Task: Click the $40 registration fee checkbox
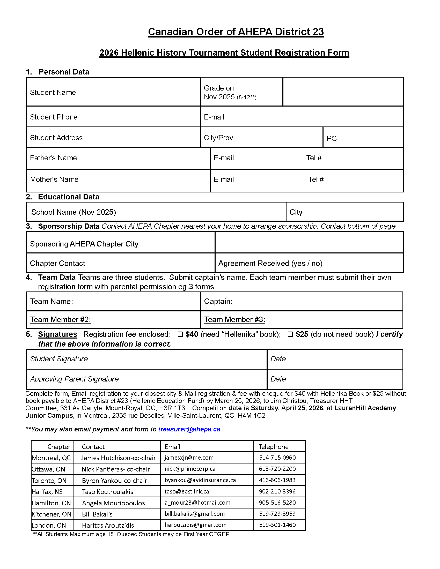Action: pyautogui.click(x=180, y=334)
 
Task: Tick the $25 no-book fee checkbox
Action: pyautogui.click(x=290, y=334)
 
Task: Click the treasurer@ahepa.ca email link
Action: pyautogui.click(x=189, y=429)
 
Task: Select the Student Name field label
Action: pyautogui.click(x=53, y=93)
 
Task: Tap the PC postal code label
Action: pyautogui.click(x=332, y=138)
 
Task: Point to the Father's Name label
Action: pyautogui.click(x=53, y=158)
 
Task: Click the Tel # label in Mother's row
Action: pyautogui.click(x=316, y=179)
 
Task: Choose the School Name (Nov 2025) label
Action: pyautogui.click(x=74, y=212)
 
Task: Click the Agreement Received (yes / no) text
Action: pyautogui.click(x=270, y=263)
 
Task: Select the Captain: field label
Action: pyautogui.click(x=218, y=301)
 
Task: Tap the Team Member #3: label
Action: pyautogui.click(x=234, y=319)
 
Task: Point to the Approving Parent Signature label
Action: pyautogui.click(x=75, y=379)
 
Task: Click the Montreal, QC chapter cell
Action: pyautogui.click(x=51, y=458)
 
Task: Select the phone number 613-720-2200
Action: pyautogui.click(x=277, y=469)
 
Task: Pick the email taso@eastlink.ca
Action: pyautogui.click(x=187, y=491)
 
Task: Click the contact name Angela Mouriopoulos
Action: pyautogui.click(x=113, y=503)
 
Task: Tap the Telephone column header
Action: pyautogui.click(x=273, y=447)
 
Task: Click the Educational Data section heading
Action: pyautogui.click(x=69, y=197)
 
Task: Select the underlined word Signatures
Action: pyautogui.click(x=58, y=334)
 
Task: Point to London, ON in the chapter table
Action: pyautogui.click(x=49, y=525)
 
